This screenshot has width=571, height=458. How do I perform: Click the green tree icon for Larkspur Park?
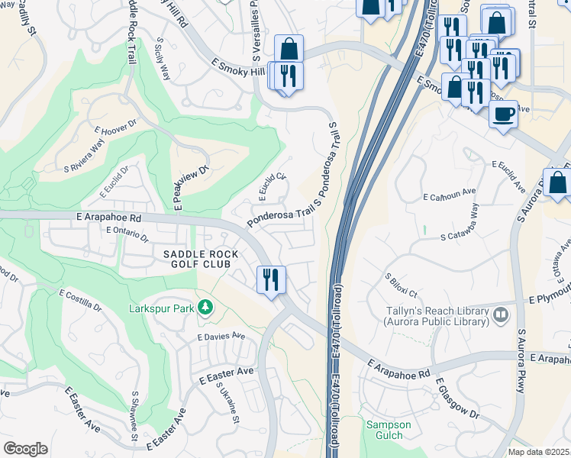click(x=205, y=307)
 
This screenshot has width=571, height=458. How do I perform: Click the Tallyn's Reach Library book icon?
click(x=500, y=314)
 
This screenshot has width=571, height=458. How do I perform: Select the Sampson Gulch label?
click(x=389, y=430)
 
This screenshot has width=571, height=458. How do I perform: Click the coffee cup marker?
click(x=503, y=114)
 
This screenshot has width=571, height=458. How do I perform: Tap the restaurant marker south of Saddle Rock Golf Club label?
click(x=271, y=279)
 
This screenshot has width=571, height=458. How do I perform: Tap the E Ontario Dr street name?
click(x=127, y=234)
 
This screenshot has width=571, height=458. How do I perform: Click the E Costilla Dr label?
click(x=80, y=298)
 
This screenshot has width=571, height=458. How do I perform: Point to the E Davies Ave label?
click(x=221, y=336)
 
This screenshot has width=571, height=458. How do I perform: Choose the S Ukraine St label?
click(x=228, y=402)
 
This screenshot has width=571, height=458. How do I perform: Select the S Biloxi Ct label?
click(x=401, y=286)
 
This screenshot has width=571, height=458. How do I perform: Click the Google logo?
click(x=25, y=448)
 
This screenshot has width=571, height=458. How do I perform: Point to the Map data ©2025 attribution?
click(x=537, y=452)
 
